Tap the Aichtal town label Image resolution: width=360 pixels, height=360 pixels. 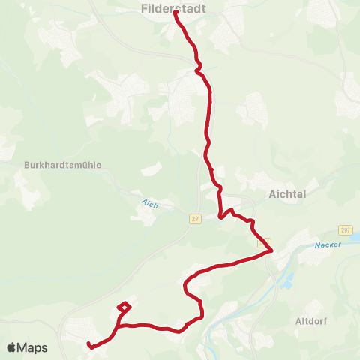click(x=289, y=193)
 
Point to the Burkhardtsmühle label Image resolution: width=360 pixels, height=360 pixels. click(x=63, y=165)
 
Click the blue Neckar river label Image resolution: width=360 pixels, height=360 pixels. click(x=328, y=244)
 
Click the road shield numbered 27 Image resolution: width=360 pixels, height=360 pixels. click(x=195, y=218)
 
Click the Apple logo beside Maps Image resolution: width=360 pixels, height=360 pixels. click(x=12, y=347)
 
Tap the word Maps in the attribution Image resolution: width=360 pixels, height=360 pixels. click(x=33, y=347)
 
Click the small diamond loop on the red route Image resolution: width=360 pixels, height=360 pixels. click(x=124, y=306)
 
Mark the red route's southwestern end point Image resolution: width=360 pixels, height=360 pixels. click(x=89, y=345)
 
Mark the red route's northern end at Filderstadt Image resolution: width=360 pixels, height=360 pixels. click(x=176, y=13)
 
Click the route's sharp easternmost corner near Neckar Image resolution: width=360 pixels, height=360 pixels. click(x=271, y=251)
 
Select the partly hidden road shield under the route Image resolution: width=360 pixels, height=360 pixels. click(x=263, y=244)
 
